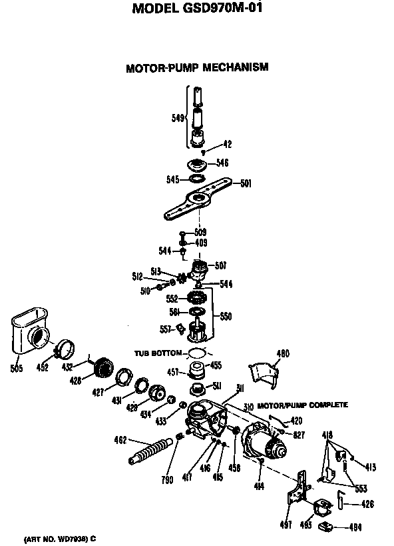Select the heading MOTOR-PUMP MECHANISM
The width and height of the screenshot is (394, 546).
tap(197, 67)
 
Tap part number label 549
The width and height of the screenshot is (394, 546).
tap(178, 119)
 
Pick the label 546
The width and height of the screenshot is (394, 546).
tap(222, 162)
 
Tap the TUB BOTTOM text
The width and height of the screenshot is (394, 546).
tap(158, 353)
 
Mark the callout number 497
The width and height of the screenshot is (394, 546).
tap(286, 526)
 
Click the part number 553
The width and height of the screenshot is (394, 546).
tap(361, 489)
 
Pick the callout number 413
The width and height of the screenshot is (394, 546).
tap(371, 467)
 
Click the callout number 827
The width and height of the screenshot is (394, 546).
tap(299, 435)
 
